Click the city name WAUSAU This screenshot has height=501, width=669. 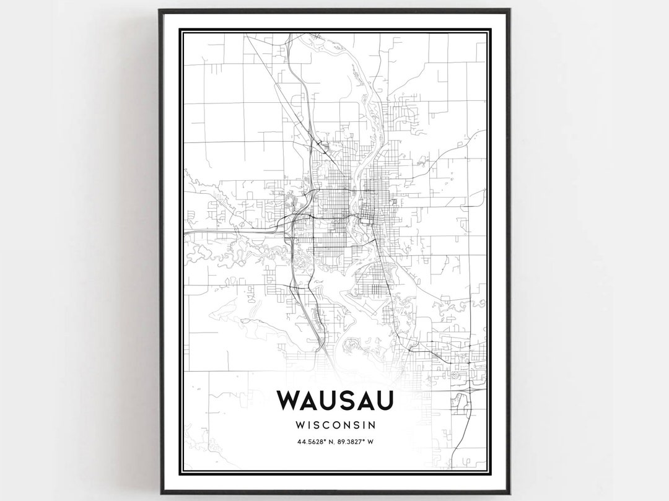coord(334,401)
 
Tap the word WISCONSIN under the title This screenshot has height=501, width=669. coord(334,425)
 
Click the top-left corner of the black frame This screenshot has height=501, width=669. coord(160,10)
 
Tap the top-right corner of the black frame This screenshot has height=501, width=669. coord(509,10)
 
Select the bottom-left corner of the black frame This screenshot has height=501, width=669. coord(160,493)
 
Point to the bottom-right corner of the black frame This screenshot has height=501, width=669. coord(509,493)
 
